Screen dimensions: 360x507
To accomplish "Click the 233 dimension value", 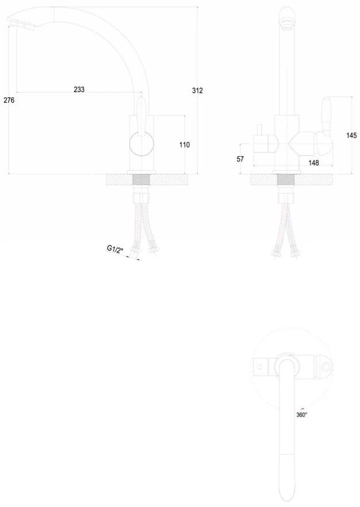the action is [x=79, y=89].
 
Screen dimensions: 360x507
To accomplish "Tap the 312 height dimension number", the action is [x=197, y=91].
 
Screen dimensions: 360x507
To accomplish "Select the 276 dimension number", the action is [x=9, y=100].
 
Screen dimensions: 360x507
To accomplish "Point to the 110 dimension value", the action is [x=185, y=144].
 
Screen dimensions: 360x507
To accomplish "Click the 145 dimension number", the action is [x=351, y=135].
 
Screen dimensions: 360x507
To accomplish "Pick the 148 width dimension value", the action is [x=314, y=163].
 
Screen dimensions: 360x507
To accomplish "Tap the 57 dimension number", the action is [x=240, y=159].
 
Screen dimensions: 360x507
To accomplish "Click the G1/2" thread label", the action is [x=116, y=249].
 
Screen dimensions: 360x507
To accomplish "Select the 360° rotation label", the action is [x=302, y=415].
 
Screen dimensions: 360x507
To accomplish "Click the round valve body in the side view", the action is [x=141, y=144].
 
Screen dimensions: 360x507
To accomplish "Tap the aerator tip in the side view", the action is [x=21, y=25].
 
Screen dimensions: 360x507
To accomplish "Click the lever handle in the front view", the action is [x=326, y=114].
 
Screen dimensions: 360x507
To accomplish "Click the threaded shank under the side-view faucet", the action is [x=141, y=180].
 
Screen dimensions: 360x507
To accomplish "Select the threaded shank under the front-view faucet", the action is [x=286, y=180].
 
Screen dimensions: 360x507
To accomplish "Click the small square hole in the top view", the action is [x=259, y=367].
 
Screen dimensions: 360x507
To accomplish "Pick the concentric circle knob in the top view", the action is [x=327, y=367].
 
